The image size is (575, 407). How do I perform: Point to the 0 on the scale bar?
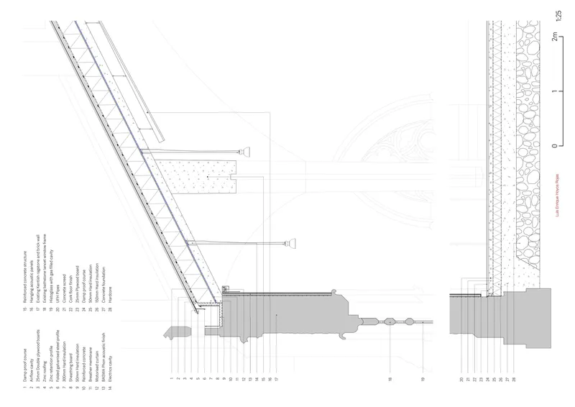pyautogui.click(x=554, y=145)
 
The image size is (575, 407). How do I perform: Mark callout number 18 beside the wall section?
pyautogui.click(x=390, y=379)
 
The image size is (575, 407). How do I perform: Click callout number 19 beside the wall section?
pyautogui.click(x=423, y=379)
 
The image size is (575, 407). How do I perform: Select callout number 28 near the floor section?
pyautogui.click(x=514, y=379)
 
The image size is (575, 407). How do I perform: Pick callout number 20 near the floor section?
pyautogui.click(x=461, y=379)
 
